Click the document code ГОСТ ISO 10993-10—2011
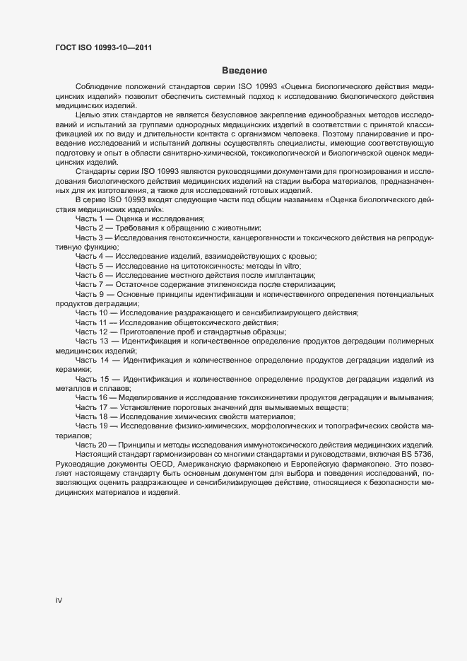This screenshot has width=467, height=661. (x=102, y=48)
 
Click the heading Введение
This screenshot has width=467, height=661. (x=244, y=70)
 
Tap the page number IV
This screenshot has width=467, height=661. (x=59, y=600)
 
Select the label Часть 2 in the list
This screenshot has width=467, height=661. (x=90, y=228)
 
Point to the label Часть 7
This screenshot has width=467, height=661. (x=90, y=283)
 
